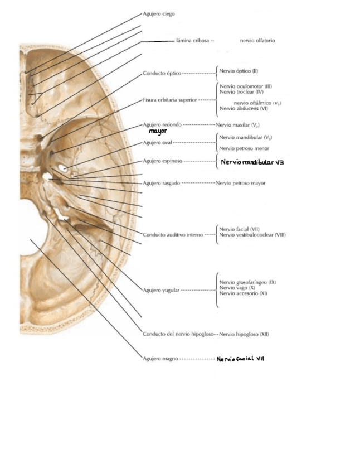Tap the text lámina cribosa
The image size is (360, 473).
pyautogui.click(x=193, y=41)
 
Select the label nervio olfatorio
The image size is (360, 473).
pyautogui.click(x=257, y=41)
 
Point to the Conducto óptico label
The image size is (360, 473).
pyautogui.click(x=162, y=73)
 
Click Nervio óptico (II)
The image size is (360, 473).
pyautogui.click(x=239, y=71)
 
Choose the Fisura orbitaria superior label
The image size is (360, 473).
pyautogui.click(x=170, y=100)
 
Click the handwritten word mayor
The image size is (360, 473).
pyautogui.click(x=158, y=132)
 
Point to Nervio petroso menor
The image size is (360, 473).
pyautogui.click(x=244, y=148)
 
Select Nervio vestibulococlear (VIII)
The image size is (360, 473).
pyautogui.click(x=252, y=235)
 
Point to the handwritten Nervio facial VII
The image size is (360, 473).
pyautogui.click(x=240, y=359)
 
